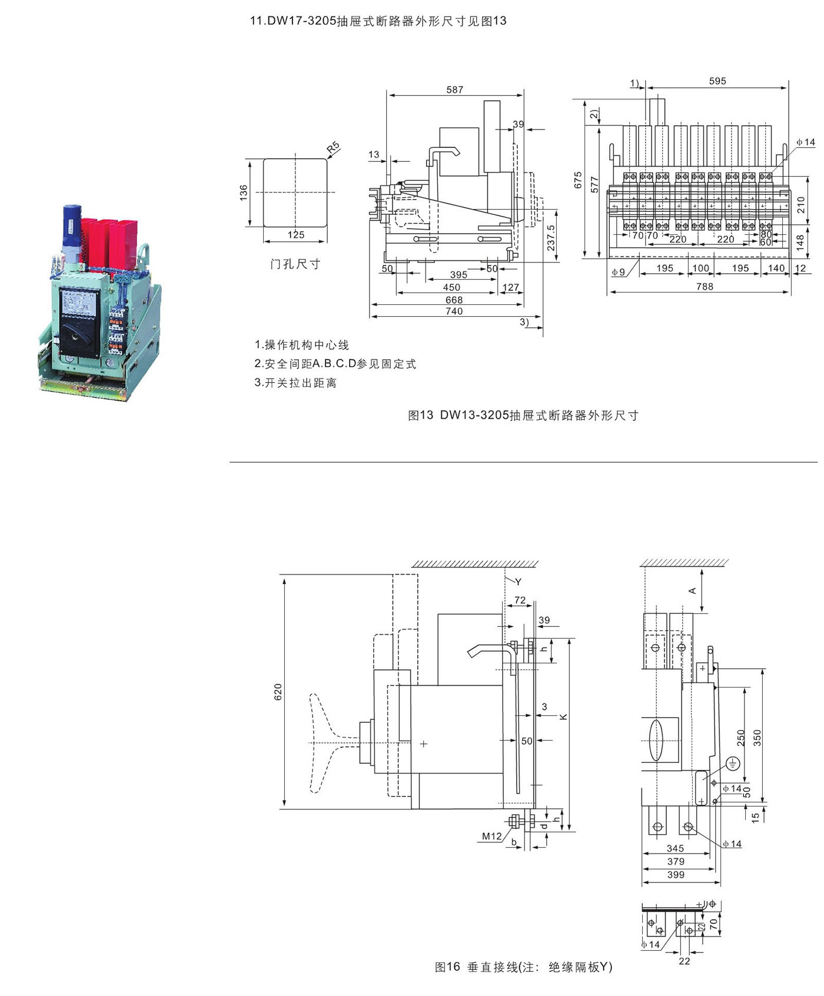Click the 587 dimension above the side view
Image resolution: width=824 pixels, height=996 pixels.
pyautogui.click(x=454, y=89)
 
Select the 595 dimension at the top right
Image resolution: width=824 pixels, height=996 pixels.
pyautogui.click(x=717, y=81)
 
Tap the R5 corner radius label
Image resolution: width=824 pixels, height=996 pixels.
pyautogui.click(x=334, y=147)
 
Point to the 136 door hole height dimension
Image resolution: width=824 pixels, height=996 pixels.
pyautogui.click(x=244, y=192)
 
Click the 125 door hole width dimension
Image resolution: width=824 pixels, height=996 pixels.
pyautogui.click(x=295, y=234)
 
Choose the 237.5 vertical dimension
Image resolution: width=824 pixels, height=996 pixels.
pyautogui.click(x=551, y=238)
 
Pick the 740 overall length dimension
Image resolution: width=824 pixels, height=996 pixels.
pyautogui.click(x=454, y=311)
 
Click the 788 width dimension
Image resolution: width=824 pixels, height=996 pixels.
pyautogui.click(x=704, y=286)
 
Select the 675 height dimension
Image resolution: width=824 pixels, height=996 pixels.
pyautogui.click(x=577, y=180)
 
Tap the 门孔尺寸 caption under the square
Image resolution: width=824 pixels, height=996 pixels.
pyautogui.click(x=295, y=264)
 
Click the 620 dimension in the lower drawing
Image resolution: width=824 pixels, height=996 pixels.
pyautogui.click(x=278, y=692)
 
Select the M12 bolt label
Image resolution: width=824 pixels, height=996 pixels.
pyautogui.click(x=491, y=836)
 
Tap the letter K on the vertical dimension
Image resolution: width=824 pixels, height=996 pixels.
pyautogui.click(x=563, y=716)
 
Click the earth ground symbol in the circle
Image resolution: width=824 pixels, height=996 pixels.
pyautogui.click(x=733, y=763)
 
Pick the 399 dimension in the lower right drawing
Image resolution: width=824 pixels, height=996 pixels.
pyautogui.click(x=676, y=875)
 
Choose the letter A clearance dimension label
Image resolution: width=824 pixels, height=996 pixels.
pyautogui.click(x=693, y=590)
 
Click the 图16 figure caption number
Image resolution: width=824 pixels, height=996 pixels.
pyautogui.click(x=447, y=967)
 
